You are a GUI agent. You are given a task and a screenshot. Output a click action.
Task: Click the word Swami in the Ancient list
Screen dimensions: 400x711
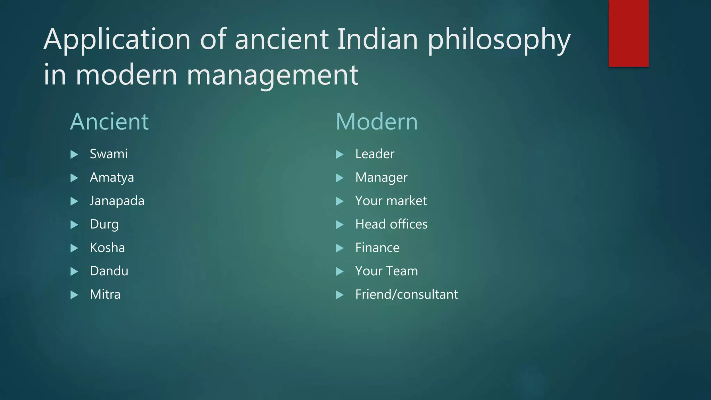tap(109, 154)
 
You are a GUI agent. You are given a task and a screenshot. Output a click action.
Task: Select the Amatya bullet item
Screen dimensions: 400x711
tap(112, 178)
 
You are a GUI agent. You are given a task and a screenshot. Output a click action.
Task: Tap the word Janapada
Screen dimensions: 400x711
tap(117, 201)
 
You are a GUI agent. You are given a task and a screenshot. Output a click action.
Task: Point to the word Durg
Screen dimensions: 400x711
tap(104, 225)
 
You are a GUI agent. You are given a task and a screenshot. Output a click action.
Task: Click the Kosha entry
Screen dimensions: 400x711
tap(107, 248)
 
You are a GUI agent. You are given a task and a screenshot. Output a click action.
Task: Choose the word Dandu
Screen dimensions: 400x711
tap(109, 271)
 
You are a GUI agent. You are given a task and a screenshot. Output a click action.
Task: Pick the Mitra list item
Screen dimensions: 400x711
tap(105, 295)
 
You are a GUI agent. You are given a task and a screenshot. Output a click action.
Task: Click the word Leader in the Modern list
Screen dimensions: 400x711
tap(375, 154)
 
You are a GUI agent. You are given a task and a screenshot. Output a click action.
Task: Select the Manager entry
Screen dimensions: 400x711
tap(381, 178)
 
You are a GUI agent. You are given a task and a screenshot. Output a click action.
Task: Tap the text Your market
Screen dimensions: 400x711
tap(391, 201)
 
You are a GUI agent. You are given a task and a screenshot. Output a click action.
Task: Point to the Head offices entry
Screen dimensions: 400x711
tap(391, 224)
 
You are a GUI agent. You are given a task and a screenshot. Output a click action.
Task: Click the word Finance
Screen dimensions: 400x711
tap(377, 248)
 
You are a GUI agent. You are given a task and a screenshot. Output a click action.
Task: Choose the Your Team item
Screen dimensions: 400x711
tap(386, 271)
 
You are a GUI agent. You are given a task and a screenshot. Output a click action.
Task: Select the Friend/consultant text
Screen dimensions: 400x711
tap(407, 295)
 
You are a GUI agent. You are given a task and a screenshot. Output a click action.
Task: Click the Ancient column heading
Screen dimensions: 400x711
tap(109, 122)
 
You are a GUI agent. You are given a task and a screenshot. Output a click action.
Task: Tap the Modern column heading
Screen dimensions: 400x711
tap(377, 122)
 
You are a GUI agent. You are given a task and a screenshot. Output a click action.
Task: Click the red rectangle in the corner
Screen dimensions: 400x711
tap(628, 33)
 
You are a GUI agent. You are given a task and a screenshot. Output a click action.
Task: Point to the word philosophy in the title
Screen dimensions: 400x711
tap(499, 40)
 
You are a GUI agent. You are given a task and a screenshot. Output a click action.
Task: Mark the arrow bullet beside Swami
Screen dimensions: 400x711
tap(74, 155)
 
